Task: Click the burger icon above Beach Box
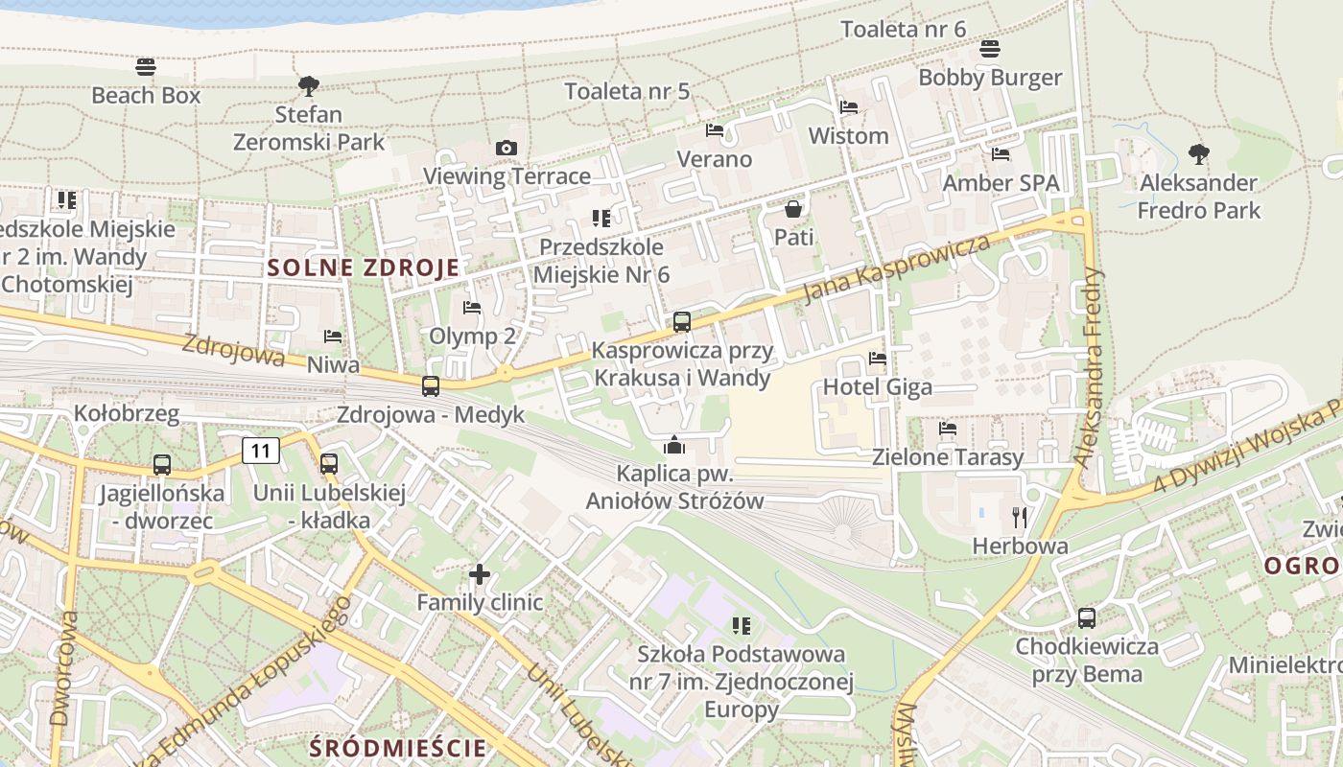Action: pos(146,67)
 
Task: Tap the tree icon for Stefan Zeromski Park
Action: pos(308,86)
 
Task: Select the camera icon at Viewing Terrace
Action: pos(506,148)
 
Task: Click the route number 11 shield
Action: pos(261,450)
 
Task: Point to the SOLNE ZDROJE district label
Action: pos(365,267)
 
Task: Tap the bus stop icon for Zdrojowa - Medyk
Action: pos(431,386)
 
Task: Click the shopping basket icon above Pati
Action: pos(793,208)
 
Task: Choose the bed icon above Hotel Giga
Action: pos(877,360)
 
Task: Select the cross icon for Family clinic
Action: pos(480,575)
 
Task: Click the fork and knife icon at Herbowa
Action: pos(1020,518)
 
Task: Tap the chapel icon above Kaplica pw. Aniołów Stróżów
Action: pos(674,445)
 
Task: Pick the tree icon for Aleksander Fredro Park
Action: pos(1198,153)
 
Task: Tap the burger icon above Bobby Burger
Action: pos(990,49)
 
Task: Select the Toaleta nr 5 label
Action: pos(627,92)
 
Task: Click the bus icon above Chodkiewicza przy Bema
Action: pos(1087,618)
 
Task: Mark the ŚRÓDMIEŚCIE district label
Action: pos(399,747)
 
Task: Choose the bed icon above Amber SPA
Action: pos(1001,153)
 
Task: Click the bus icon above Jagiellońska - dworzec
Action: pos(162,465)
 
